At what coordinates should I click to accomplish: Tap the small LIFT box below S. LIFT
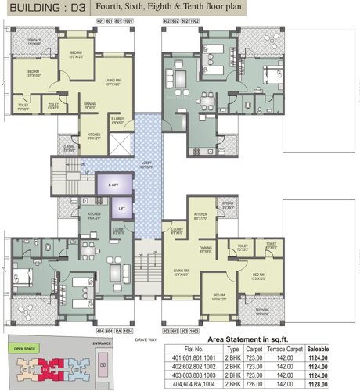[121, 210]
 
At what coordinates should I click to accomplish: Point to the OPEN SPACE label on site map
[20, 347]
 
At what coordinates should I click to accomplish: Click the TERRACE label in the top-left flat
[34, 41]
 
